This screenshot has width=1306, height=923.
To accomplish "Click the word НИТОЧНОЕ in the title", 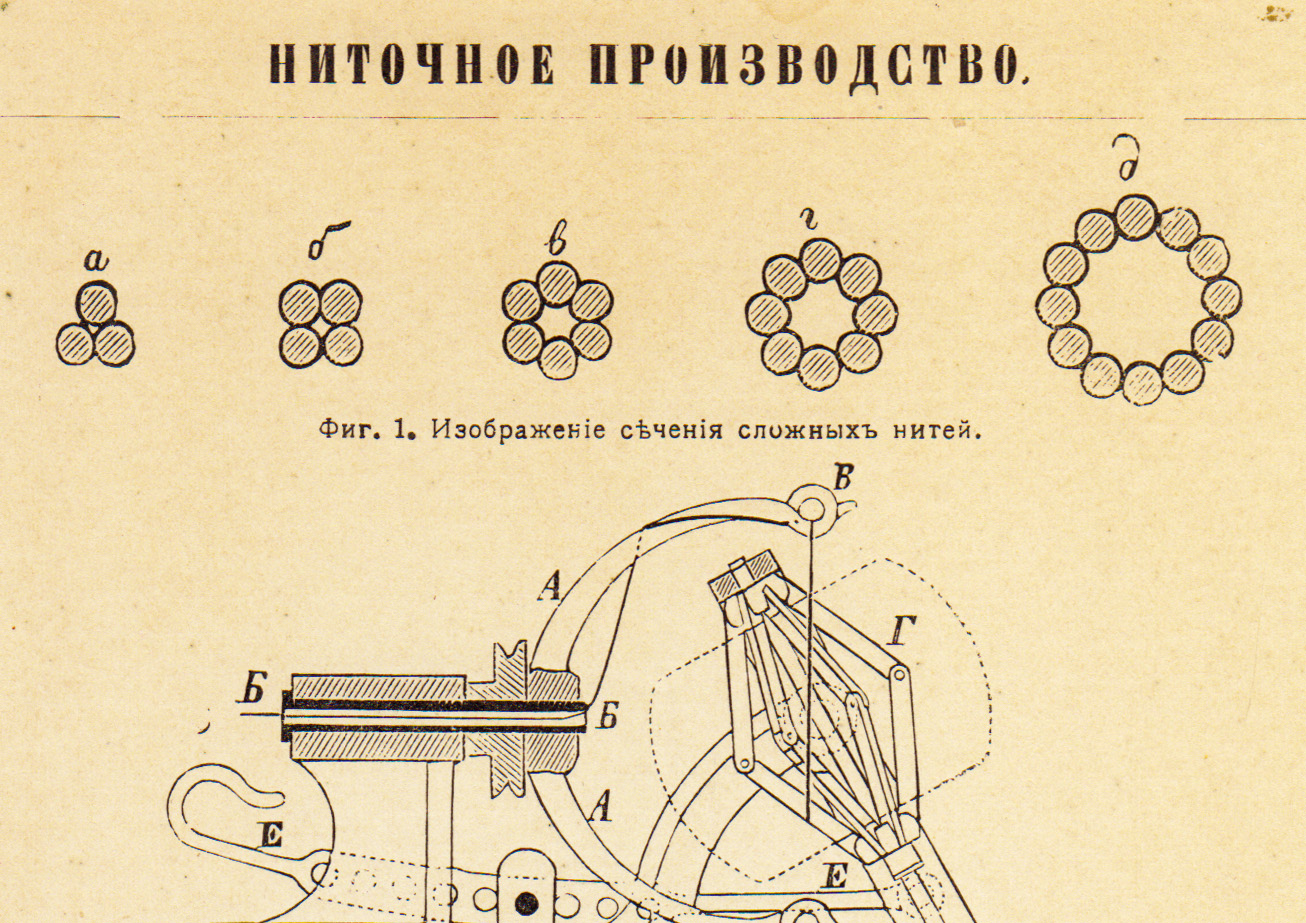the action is (x=412, y=65).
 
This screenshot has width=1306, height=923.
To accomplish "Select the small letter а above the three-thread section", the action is (x=96, y=260).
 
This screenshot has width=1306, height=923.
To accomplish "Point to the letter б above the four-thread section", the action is (x=329, y=240).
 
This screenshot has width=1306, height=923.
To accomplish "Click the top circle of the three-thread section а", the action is (x=96, y=303).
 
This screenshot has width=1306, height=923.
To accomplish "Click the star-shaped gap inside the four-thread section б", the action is (x=320, y=323).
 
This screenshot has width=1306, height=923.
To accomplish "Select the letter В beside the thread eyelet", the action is (x=844, y=478).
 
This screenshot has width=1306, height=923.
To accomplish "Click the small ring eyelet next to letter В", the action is (x=811, y=510).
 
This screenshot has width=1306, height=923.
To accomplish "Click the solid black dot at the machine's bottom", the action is (x=526, y=903).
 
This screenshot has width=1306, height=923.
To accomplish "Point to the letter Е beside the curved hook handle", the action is (x=272, y=836).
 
